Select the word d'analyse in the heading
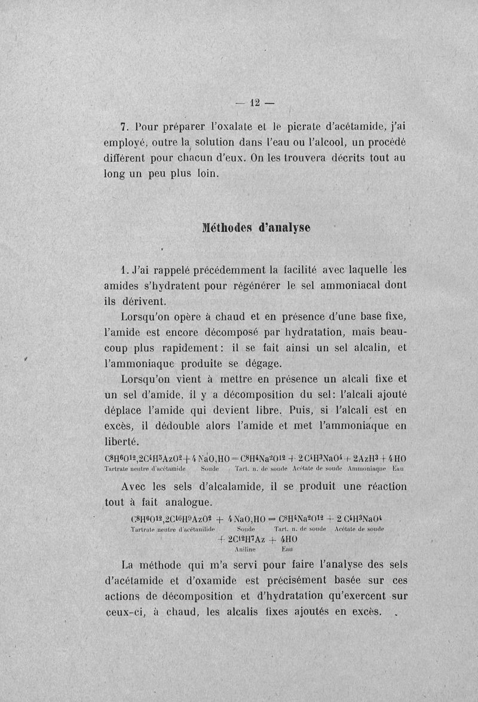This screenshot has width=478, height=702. [284, 229]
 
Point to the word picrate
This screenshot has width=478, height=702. [294, 126]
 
